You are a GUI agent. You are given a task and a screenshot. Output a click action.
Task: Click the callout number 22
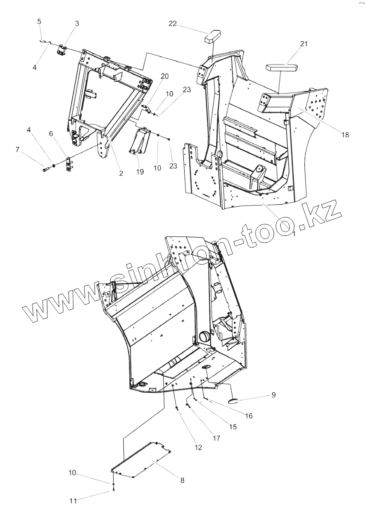[172, 24]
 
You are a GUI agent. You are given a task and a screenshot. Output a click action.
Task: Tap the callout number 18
[345, 135]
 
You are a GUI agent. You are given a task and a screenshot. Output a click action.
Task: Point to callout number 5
[39, 21]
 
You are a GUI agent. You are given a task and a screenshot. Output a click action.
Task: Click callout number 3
[77, 24]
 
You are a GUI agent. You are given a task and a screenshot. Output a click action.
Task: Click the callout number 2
[121, 173]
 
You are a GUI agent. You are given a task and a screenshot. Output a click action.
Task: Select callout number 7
[18, 149]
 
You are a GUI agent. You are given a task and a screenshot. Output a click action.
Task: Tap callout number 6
[51, 134]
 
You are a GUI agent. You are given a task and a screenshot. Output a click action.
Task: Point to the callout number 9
[273, 395]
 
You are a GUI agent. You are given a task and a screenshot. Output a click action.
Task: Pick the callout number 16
[248, 415]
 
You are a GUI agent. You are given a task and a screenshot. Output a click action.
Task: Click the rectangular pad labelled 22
[212, 36]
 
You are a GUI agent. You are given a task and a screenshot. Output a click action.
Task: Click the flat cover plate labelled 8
[141, 459]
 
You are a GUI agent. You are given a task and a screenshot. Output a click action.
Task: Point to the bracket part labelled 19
[139, 140]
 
